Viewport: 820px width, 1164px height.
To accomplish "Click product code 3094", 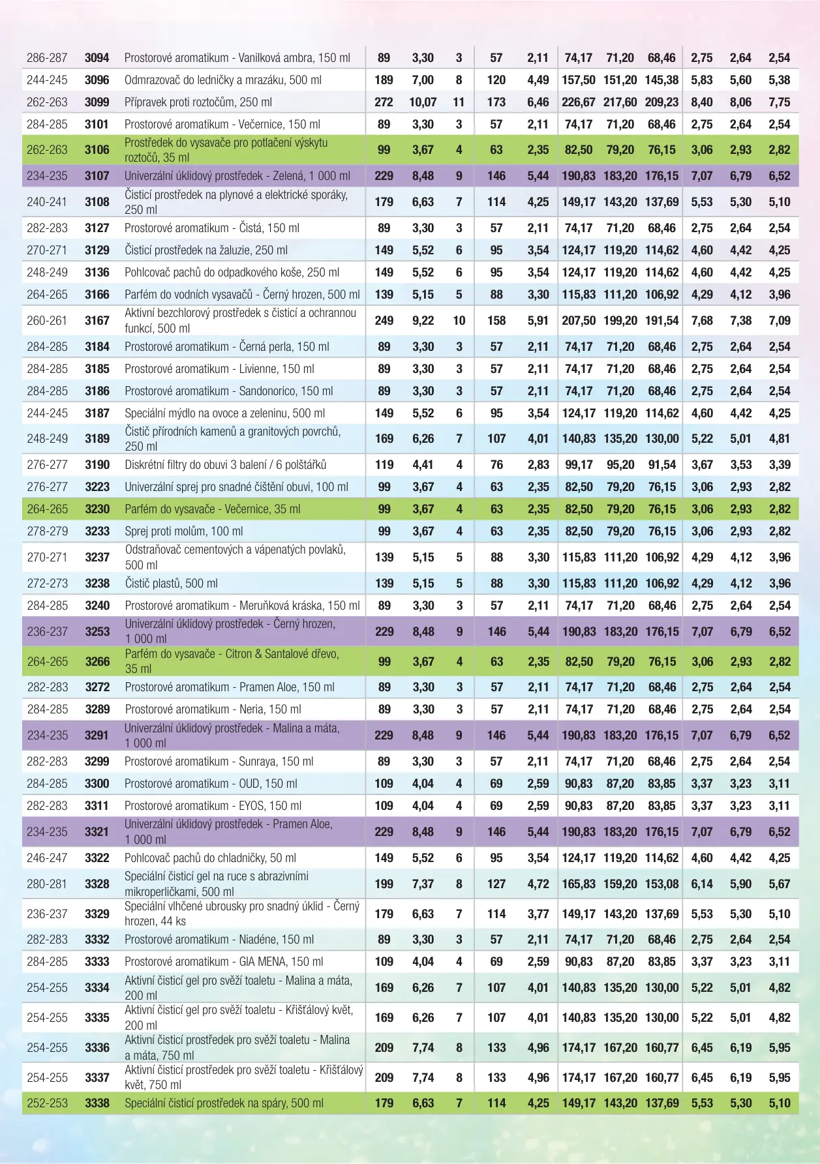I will pos(97,58).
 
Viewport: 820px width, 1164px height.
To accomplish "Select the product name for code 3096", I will pos(222,80).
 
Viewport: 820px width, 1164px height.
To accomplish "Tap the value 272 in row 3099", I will pos(384,102).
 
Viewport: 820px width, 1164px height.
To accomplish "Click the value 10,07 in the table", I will pos(423,102).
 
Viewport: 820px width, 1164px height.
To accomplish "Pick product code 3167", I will pos(97,321).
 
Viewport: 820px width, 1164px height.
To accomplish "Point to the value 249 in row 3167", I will pos(384,321).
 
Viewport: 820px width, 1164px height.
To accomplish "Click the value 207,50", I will pos(579,321).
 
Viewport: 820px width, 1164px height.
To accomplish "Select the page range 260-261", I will pos(47,321).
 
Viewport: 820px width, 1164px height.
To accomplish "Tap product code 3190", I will pos(97,465).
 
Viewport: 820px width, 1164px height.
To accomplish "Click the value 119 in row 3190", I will pos(384,465).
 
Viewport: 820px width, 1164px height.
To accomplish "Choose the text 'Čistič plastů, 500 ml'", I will pos(171,584).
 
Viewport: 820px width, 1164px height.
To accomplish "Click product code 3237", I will pos(97,558).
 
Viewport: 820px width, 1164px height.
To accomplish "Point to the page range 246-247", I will pos(47,858).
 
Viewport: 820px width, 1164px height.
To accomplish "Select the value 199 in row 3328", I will pos(384,884).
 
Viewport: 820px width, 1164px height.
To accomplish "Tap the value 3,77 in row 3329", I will pos(538,914).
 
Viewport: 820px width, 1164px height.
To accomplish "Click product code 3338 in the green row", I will pos(97,1103).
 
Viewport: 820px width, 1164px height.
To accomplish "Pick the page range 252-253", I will pos(47,1103).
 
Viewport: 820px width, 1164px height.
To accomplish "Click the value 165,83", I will pos(579,884).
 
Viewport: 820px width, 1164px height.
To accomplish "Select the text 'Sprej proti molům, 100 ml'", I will pos(183,531).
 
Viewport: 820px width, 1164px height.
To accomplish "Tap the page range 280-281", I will pos(47,884).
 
